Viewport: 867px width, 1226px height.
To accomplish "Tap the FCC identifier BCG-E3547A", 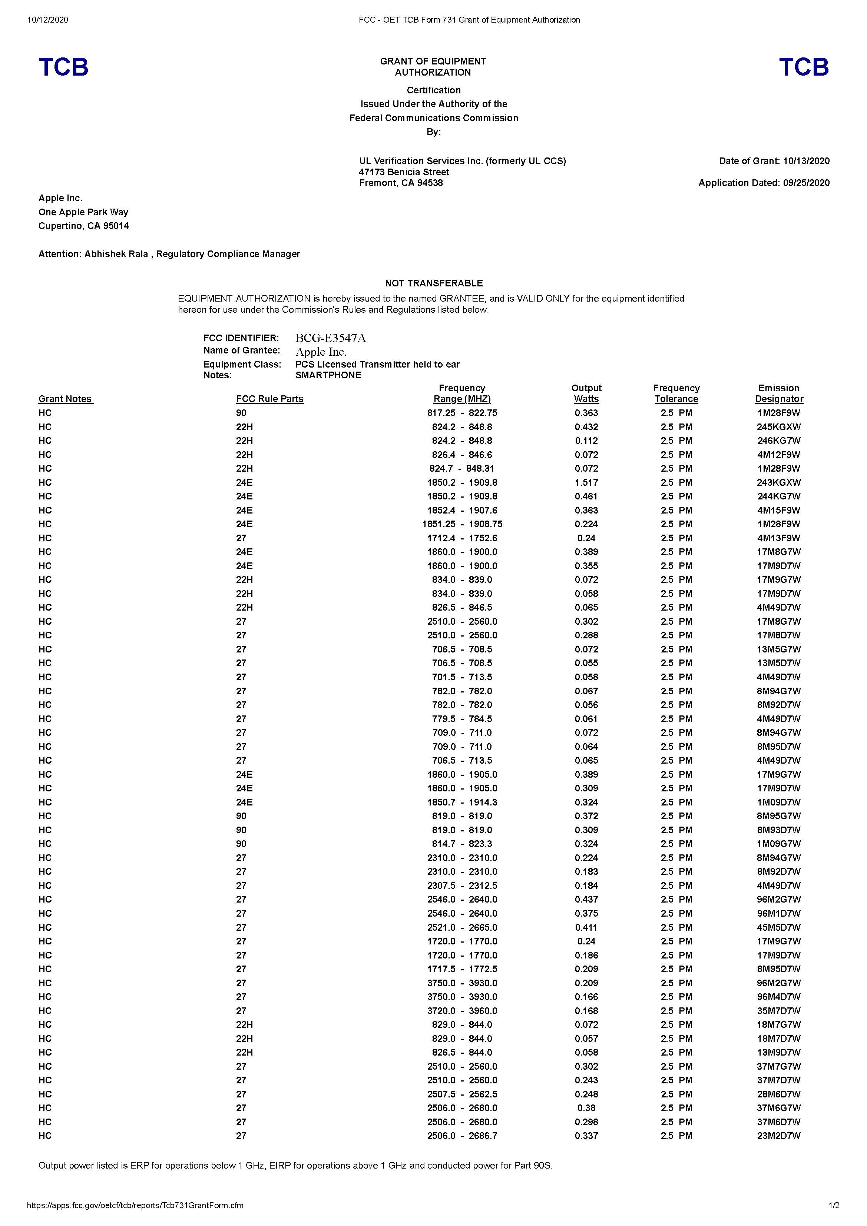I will [x=330, y=338].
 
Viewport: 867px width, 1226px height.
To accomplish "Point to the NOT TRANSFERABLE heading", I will [x=433, y=283].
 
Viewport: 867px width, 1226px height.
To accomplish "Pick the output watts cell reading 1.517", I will [x=586, y=482].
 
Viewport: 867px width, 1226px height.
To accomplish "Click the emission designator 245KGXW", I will [x=778, y=427].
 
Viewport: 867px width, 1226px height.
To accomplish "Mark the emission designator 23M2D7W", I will [x=778, y=1135].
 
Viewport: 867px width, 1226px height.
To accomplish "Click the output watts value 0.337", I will [x=586, y=1135].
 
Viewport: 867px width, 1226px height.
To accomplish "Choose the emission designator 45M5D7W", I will [x=778, y=927].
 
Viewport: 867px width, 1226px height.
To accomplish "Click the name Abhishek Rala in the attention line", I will [x=116, y=254].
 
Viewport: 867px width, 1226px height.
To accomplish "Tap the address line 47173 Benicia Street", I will [x=404, y=172].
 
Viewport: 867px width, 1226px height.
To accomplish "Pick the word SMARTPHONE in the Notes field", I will [x=328, y=375].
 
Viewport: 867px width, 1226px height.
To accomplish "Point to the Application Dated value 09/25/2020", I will [x=806, y=183].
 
